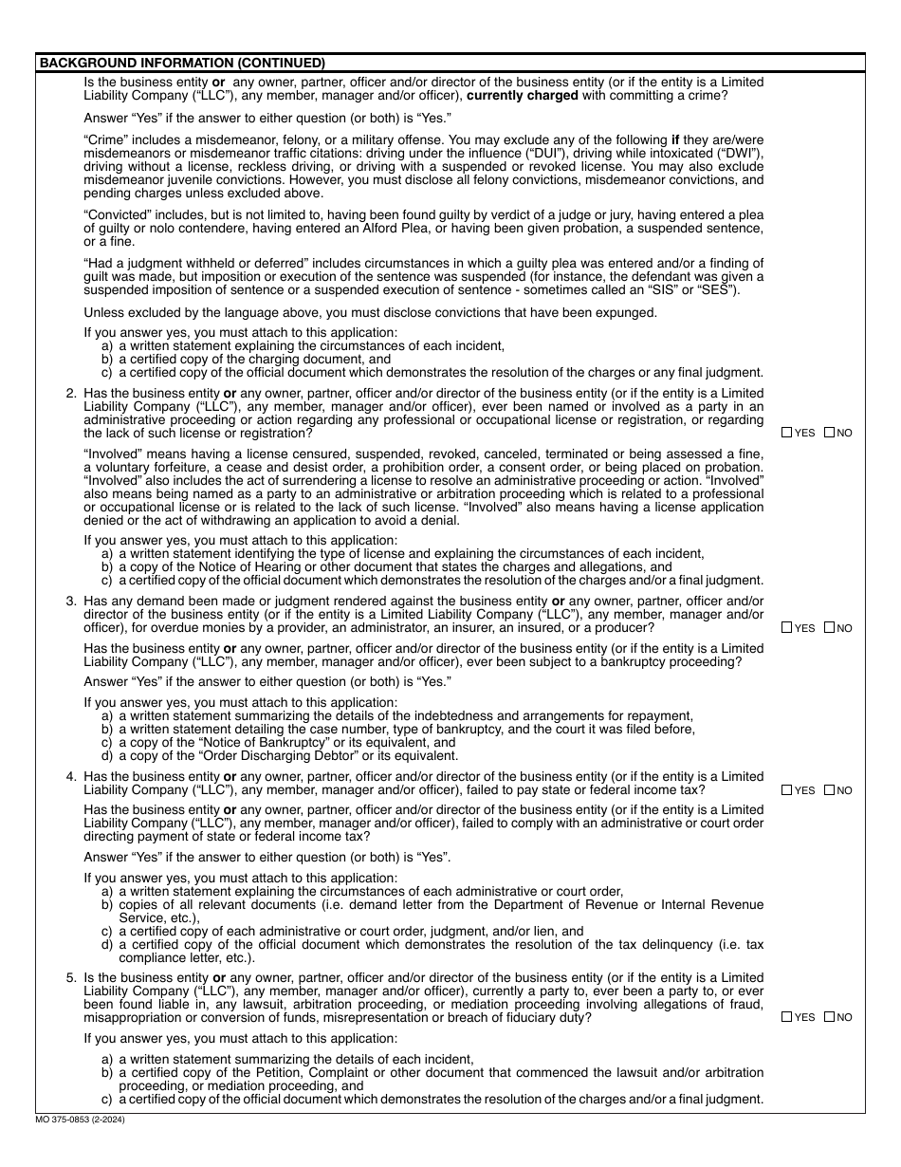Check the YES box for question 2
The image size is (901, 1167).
point(787,433)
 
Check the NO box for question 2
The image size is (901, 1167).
point(830,433)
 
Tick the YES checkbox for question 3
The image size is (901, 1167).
point(787,627)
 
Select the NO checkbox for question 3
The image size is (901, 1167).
point(830,627)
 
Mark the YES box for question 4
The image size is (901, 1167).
point(787,790)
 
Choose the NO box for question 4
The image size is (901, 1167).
point(830,790)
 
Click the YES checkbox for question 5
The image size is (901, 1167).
point(787,1017)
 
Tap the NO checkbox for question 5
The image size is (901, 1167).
point(830,1017)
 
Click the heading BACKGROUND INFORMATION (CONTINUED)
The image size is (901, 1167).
point(181,64)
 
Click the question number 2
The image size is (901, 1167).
point(70,393)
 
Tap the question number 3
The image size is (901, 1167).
point(70,601)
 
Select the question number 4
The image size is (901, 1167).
point(70,776)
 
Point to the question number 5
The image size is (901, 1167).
point(70,977)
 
